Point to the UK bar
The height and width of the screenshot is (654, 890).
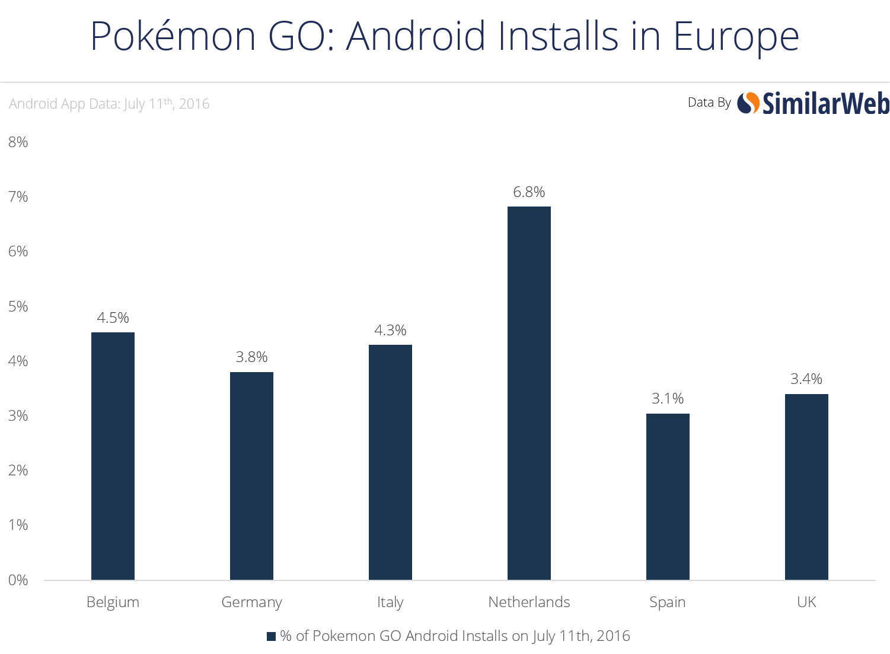click(x=806, y=487)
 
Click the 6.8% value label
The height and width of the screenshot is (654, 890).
click(x=529, y=192)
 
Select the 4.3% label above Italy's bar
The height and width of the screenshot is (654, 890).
click(x=390, y=330)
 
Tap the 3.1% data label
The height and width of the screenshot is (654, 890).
click(x=668, y=398)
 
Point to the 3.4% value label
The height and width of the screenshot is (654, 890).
click(x=806, y=379)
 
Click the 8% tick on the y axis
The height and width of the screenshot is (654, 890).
click(x=18, y=142)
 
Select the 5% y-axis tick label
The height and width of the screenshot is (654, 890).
click(x=18, y=306)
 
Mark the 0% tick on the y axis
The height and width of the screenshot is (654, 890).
click(x=18, y=580)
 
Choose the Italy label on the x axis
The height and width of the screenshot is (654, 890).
click(x=390, y=602)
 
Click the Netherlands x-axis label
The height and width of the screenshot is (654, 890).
click(x=529, y=602)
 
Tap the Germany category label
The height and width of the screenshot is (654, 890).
click(x=251, y=602)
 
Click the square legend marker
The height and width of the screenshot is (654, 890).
click(x=271, y=636)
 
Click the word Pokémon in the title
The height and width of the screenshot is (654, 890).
click(x=173, y=36)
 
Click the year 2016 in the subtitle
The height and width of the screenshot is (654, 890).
click(x=194, y=104)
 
